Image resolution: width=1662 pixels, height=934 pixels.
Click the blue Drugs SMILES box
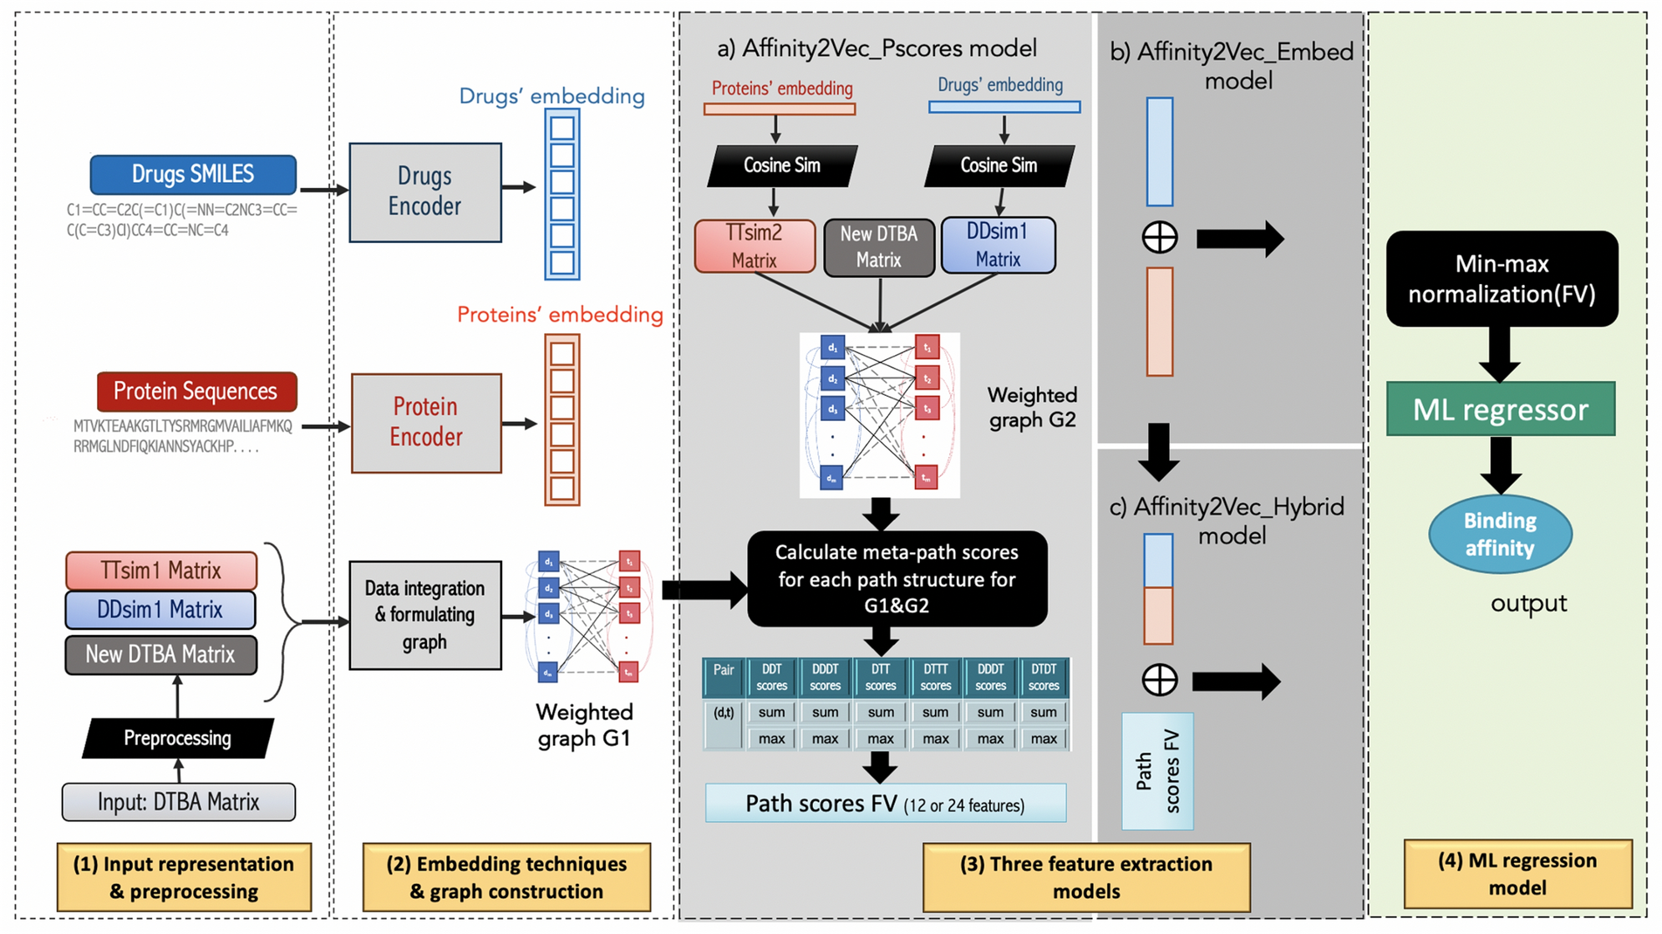193,175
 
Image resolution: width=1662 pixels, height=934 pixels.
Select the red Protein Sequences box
196,392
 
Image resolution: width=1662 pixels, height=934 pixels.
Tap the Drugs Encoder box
424,192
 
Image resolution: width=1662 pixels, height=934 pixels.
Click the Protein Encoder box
425,423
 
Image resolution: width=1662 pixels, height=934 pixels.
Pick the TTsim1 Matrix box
161,571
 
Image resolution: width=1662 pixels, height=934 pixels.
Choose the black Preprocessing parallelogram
177,738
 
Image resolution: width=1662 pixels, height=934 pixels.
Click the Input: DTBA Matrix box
178,802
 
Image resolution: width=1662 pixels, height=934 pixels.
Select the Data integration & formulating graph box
424,615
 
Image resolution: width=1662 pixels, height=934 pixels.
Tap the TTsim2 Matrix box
755,246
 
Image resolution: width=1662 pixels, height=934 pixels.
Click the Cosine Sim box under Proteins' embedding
781,165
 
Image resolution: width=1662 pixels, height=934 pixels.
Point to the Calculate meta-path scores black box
897,579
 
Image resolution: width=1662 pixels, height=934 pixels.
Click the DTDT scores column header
1043,678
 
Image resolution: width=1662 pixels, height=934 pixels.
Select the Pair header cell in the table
724,678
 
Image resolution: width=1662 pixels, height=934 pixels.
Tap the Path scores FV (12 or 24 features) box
885,804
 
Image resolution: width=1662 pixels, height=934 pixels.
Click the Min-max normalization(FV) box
1502,279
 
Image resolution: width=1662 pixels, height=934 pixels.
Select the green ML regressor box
1500,409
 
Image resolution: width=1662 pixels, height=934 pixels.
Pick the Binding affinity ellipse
1500,535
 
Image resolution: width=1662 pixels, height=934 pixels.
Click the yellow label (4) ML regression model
1517,874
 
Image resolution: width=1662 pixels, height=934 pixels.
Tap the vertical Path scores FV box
1157,771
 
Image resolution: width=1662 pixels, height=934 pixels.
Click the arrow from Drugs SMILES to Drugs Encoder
323,190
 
